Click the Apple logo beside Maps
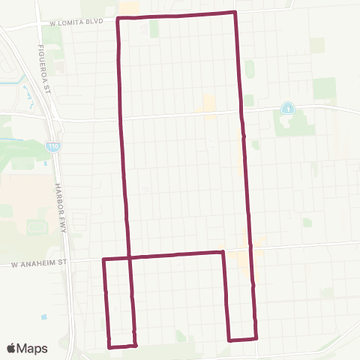coord(11,348)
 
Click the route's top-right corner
coord(235,13)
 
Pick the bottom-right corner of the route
coord(256,337)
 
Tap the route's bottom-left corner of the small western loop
coord(109,347)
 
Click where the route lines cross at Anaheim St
coord(130,258)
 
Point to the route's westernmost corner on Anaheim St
coord(103,259)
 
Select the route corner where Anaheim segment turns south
coord(223,252)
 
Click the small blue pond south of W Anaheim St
coord(44,317)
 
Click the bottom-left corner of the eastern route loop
coord(229,340)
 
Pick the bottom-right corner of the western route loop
coord(136,345)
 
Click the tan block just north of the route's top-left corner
coord(128,7)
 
